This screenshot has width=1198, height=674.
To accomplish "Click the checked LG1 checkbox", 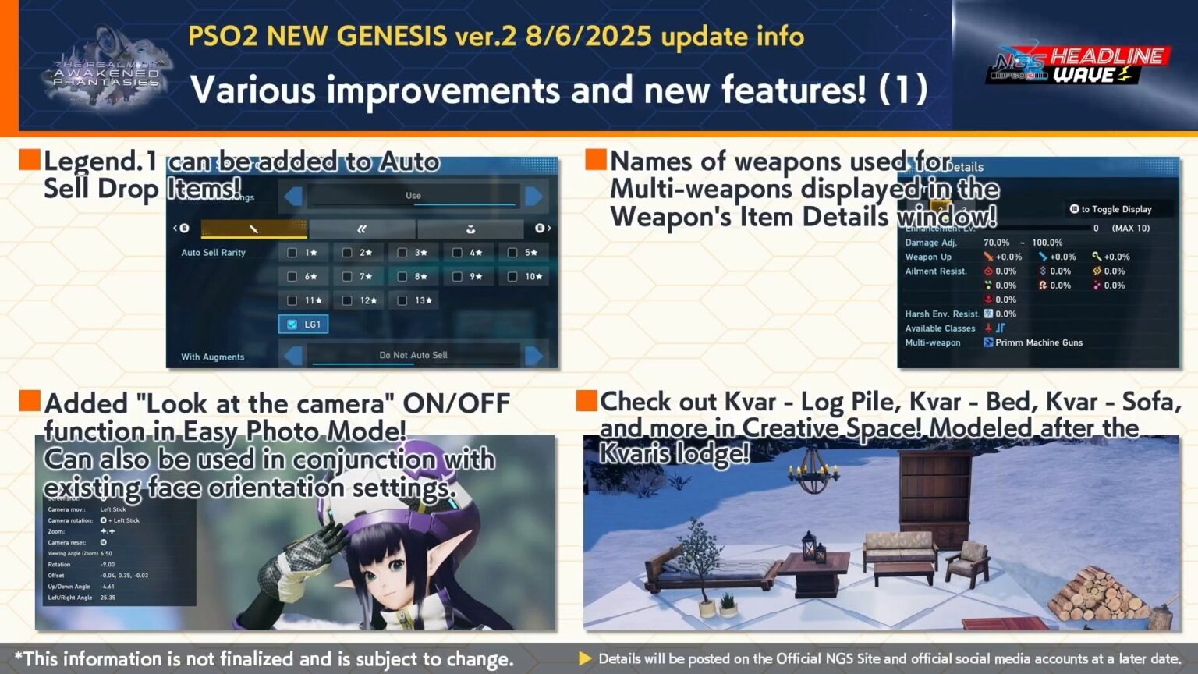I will pyautogui.click(x=292, y=325).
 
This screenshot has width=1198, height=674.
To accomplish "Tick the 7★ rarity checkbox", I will pyautogui.click(x=347, y=277).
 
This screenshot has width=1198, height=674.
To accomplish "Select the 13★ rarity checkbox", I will pyautogui.click(x=402, y=300).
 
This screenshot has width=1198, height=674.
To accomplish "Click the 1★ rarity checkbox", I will pyautogui.click(x=292, y=253).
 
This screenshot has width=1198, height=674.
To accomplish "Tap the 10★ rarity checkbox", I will pyautogui.click(x=512, y=277).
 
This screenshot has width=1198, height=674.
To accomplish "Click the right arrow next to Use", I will pyautogui.click(x=534, y=196).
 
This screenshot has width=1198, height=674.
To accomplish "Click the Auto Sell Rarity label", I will pyautogui.click(x=213, y=253).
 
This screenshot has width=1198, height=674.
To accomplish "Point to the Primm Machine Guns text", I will pyautogui.click(x=1039, y=342).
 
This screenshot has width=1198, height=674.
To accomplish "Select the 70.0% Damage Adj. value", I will pyautogui.click(x=996, y=243).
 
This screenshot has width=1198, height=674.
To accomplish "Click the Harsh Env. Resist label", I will pyautogui.click(x=941, y=314).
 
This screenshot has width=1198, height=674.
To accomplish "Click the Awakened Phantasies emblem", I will pyautogui.click(x=107, y=70).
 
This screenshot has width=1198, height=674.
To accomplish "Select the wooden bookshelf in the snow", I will pyautogui.click(x=935, y=496).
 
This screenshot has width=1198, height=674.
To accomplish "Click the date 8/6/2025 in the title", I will pyautogui.click(x=589, y=37).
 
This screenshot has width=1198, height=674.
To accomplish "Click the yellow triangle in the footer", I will pyautogui.click(x=585, y=658).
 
